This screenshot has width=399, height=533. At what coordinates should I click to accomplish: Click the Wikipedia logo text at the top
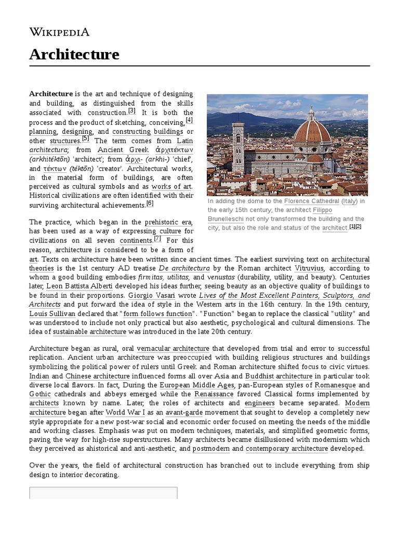(59, 32)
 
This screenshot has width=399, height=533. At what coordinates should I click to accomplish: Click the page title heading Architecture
(74, 54)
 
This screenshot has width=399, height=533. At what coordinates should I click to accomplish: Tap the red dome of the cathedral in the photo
(312, 131)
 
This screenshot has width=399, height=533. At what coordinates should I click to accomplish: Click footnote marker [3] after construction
(132, 111)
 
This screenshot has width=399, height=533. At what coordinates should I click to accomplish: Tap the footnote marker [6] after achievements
(150, 204)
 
